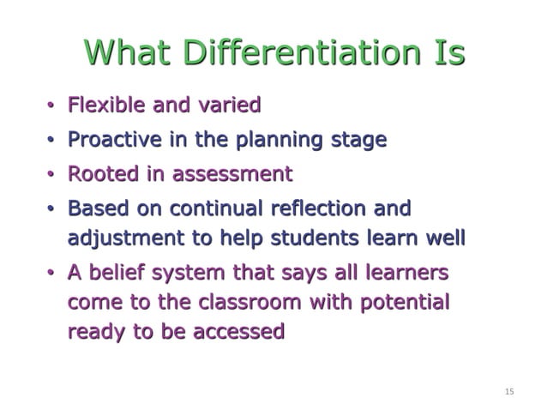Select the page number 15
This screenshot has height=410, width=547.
[x=509, y=392]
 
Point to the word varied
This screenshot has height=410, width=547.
[x=228, y=106]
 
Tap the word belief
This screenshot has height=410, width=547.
[x=117, y=274]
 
